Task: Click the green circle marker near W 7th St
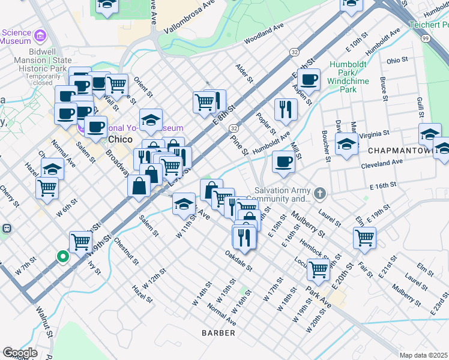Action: [62, 257]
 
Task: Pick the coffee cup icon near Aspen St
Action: [309, 79]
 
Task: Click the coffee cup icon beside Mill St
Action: [283, 160]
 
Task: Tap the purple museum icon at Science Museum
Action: [41, 35]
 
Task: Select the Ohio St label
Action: [397, 61]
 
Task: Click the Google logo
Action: [20, 352]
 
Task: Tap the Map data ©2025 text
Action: [423, 355]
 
